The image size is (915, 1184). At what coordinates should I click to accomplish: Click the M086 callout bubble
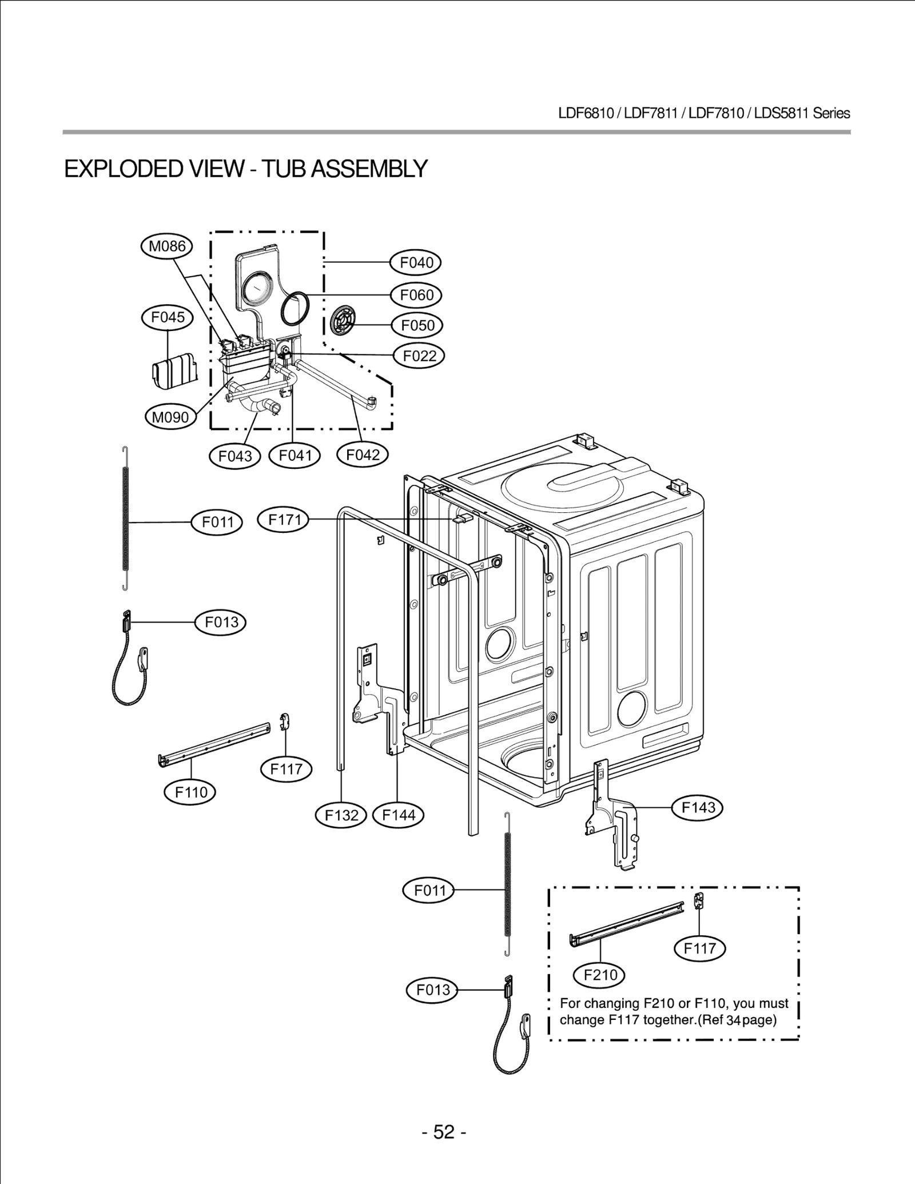tap(166, 246)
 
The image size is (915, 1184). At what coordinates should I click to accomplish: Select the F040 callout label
tap(416, 263)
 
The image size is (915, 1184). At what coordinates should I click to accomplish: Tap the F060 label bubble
tap(416, 295)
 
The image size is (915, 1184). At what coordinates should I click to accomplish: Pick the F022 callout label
tap(419, 356)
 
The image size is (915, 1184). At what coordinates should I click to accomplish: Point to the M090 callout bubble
tap(170, 417)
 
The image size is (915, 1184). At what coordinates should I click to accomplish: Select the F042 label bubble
tap(363, 455)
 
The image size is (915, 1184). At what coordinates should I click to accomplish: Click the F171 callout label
tap(284, 520)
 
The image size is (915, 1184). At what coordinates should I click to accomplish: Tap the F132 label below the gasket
tap(341, 815)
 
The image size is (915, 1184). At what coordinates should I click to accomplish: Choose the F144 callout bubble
tap(398, 815)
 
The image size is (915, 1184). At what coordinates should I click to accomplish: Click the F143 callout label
tap(698, 807)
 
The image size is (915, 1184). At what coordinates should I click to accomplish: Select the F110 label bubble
tap(190, 792)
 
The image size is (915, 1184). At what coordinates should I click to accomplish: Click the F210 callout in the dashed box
tap(599, 975)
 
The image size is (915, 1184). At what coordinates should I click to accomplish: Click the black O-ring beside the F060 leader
tap(296, 309)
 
